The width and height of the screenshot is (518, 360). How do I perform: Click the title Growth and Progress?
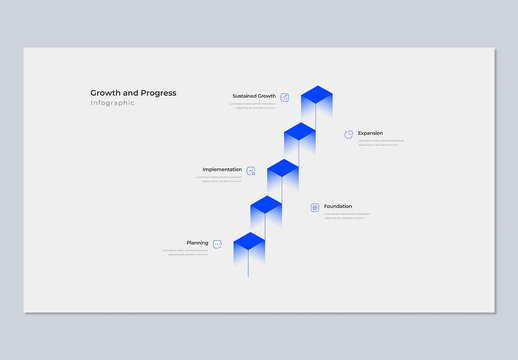click(x=133, y=93)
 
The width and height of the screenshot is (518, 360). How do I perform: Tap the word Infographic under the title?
click(x=112, y=103)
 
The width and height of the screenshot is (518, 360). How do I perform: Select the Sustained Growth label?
click(x=254, y=96)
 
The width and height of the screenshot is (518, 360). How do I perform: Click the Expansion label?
click(x=370, y=133)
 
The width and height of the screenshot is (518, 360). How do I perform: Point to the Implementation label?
click(x=222, y=170)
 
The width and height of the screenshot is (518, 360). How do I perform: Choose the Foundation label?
click(x=338, y=207)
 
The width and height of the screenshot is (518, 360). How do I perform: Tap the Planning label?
click(x=197, y=243)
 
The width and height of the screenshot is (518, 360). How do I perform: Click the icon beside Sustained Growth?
click(x=285, y=97)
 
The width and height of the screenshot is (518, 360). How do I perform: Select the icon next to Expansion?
click(x=349, y=134)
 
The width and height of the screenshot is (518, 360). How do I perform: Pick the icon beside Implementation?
click(x=251, y=171)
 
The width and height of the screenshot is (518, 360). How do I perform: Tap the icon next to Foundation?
click(x=315, y=207)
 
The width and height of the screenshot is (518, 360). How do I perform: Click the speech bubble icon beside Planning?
click(x=217, y=244)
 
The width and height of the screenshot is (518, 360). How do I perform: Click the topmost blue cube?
click(x=316, y=97)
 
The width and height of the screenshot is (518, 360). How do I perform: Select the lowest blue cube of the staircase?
click(x=249, y=243)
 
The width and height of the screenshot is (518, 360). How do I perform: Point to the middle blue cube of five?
click(x=283, y=170)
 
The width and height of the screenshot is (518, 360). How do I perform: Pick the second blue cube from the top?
click(x=300, y=133)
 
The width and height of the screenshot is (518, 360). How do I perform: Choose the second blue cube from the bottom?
click(x=266, y=207)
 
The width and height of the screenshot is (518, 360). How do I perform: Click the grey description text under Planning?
click(x=187, y=253)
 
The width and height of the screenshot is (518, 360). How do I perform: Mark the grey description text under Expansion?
click(x=381, y=143)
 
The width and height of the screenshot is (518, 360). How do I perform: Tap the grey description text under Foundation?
click(x=346, y=216)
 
